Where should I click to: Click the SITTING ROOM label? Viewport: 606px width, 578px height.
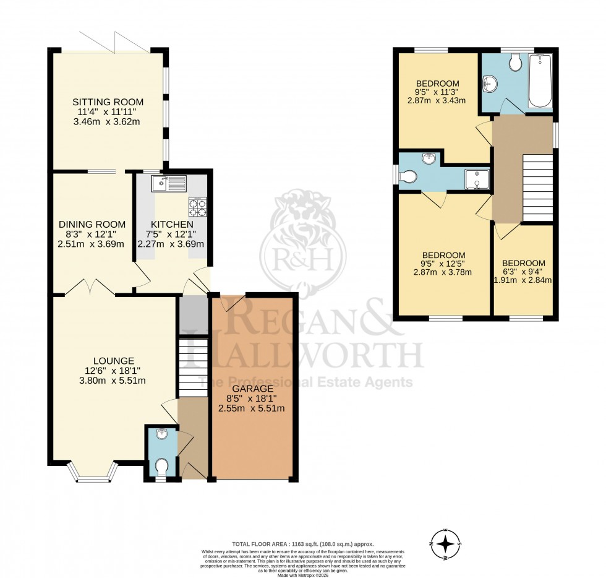click(108, 102)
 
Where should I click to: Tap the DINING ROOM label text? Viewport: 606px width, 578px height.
click(92, 224)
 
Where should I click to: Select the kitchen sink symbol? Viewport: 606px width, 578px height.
click(168, 182)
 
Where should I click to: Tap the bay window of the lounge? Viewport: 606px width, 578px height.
click(95, 473)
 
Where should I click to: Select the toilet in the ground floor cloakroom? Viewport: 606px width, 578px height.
click(161, 465)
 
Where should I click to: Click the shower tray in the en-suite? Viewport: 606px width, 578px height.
click(477, 178)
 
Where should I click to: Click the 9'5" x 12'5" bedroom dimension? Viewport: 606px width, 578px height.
click(443, 264)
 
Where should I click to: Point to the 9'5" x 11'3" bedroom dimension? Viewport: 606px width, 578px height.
click(437, 92)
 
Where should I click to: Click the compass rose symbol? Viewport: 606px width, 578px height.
click(445, 544)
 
